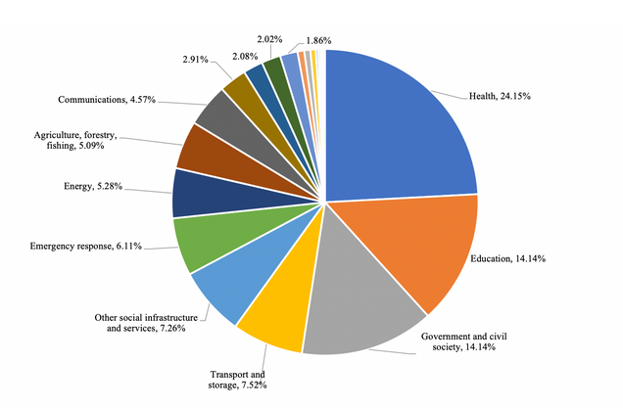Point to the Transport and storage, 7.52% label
(238, 379)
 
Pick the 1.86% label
(318, 40)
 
